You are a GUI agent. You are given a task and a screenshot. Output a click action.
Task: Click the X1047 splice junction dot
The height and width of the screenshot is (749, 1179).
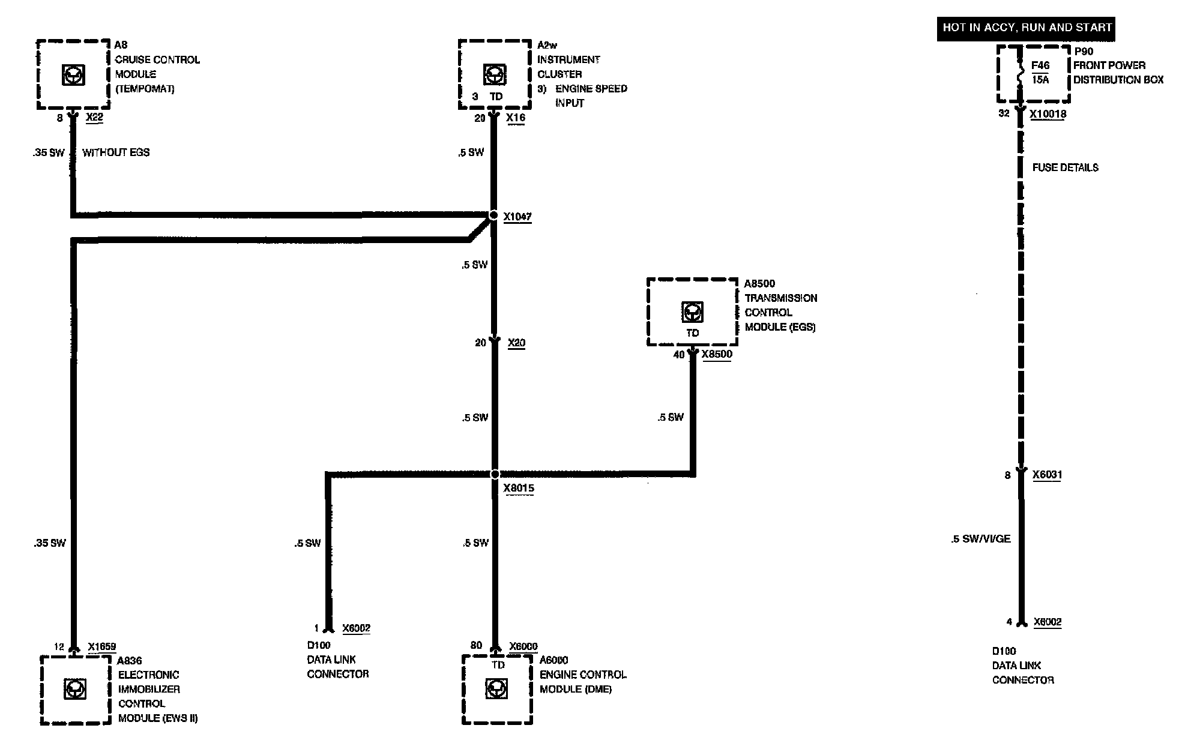(493, 215)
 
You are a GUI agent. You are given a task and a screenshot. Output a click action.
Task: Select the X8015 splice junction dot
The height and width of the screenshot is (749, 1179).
(495, 474)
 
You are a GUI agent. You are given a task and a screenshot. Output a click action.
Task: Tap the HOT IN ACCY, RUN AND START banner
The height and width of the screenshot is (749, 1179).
(1026, 28)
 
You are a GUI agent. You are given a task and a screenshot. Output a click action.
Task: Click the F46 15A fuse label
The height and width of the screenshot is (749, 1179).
(1040, 73)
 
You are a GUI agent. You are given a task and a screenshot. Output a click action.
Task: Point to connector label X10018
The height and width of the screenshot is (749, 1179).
(1048, 114)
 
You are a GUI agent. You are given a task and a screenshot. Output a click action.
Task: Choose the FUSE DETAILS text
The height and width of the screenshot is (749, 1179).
(1065, 168)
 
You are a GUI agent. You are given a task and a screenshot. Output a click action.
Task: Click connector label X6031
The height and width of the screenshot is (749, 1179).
(1047, 475)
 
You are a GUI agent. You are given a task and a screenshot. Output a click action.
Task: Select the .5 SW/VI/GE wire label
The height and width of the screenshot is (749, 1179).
(981, 539)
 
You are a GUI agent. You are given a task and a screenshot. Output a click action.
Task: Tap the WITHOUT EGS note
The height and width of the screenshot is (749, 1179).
(116, 152)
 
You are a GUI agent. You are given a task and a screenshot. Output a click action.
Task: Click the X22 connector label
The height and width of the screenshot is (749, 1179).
(94, 118)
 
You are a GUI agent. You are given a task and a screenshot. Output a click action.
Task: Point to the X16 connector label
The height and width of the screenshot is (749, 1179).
(515, 118)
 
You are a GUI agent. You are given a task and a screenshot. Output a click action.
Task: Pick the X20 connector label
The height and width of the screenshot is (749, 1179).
(516, 343)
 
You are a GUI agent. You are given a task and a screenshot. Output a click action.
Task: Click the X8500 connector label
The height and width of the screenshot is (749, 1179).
(717, 354)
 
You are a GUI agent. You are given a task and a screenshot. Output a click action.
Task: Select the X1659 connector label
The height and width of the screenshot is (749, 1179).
(101, 647)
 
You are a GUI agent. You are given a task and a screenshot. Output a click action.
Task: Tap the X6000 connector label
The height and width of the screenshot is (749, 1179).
(523, 646)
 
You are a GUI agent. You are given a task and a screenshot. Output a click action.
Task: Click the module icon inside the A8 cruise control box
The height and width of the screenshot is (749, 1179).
(74, 74)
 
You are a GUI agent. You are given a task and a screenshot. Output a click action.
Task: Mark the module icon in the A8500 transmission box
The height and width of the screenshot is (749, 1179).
(692, 312)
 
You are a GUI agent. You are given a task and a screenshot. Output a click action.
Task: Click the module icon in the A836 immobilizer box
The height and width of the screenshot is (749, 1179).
(75, 689)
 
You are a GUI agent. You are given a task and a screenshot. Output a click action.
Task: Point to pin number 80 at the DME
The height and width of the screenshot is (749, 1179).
(476, 645)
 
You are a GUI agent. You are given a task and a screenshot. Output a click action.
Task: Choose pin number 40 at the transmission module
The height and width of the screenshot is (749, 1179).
(679, 355)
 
